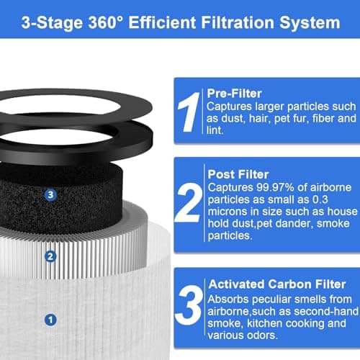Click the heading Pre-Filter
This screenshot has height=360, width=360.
tap(234, 94)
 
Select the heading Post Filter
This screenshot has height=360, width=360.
tap(238, 174)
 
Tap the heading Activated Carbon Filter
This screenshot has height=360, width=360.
tap(277, 284)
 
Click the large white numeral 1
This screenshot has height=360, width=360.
tap(189, 112)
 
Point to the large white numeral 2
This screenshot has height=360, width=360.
tap(189, 203)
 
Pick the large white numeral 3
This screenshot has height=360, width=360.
tap(189, 305)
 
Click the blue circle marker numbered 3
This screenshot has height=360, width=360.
tap(50, 194)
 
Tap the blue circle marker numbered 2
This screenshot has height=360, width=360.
tap(50, 256)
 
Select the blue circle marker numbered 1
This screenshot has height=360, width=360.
tap(50, 320)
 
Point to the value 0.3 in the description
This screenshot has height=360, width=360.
tap(320, 199)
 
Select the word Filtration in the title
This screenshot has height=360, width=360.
tap(238, 23)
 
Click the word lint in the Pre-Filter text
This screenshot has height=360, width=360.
tap(215, 130)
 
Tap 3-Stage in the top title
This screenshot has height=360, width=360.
tap(52, 23)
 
